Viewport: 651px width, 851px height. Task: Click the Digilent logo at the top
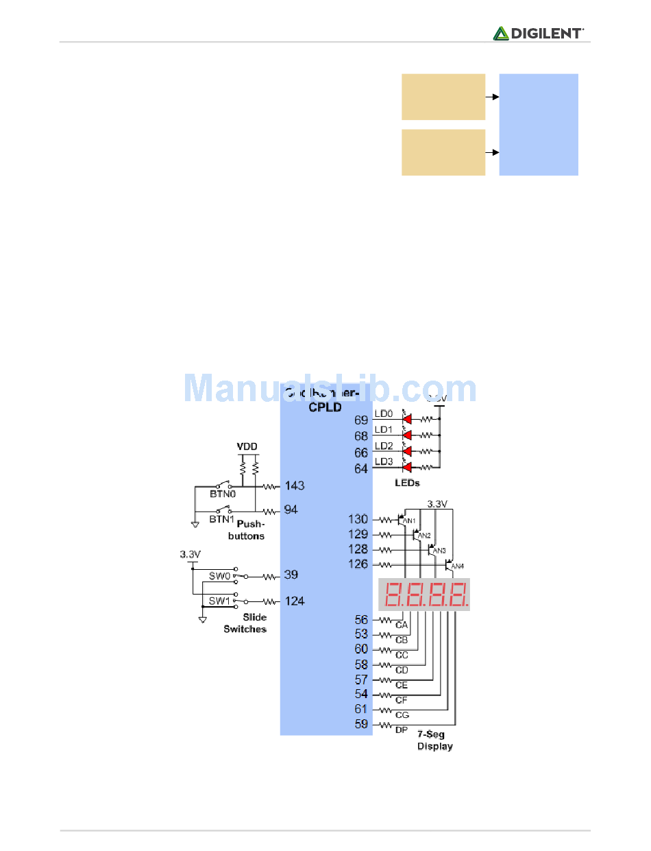click(539, 33)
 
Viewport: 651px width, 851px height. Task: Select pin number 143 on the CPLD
click(295, 486)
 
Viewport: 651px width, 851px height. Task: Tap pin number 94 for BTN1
click(291, 510)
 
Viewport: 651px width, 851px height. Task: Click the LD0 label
click(384, 414)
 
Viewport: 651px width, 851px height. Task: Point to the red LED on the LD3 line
click(406, 468)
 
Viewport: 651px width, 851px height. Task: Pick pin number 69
click(361, 419)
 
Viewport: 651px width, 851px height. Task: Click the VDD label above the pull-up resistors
click(247, 446)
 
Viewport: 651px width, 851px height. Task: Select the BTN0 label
click(223, 492)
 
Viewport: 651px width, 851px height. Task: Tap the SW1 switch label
click(220, 601)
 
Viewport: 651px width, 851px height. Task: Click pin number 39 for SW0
click(291, 575)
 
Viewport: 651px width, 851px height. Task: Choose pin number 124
click(295, 601)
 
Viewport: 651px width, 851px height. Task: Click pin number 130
click(358, 519)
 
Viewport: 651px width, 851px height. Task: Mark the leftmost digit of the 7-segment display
click(393, 595)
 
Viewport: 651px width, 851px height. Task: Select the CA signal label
click(402, 625)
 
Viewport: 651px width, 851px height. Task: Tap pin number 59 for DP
click(361, 724)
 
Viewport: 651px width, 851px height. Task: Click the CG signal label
click(402, 715)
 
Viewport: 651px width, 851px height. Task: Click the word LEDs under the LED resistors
click(407, 483)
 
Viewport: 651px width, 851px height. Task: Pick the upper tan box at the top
click(443, 97)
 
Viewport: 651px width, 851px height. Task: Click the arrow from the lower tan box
click(491, 152)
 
